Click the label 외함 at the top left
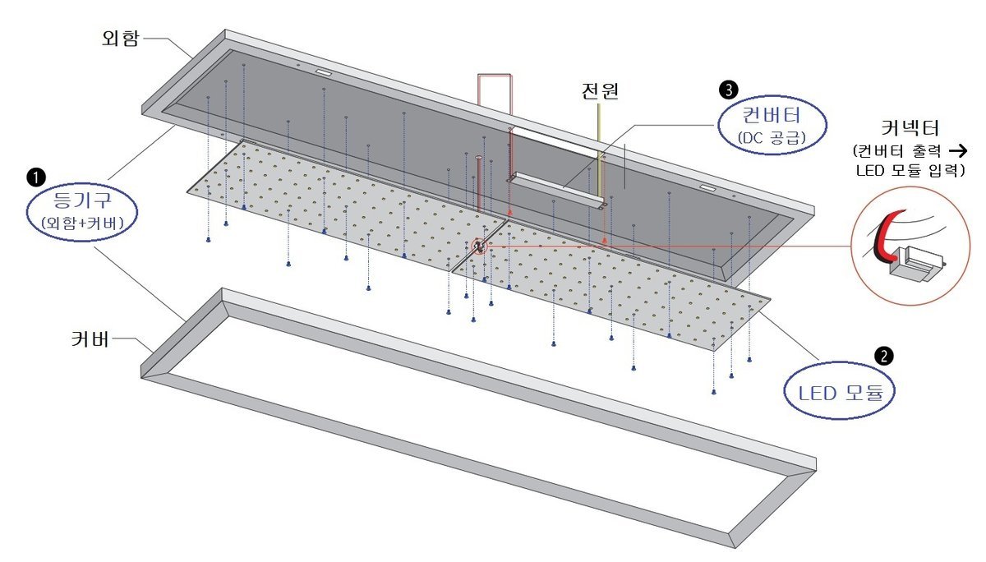click(122, 38)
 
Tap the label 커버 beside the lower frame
click(90, 338)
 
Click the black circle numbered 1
click(36, 175)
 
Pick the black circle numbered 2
click(883, 355)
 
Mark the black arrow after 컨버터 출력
click(956, 151)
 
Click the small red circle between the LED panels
click(477, 246)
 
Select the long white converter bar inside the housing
click(555, 191)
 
